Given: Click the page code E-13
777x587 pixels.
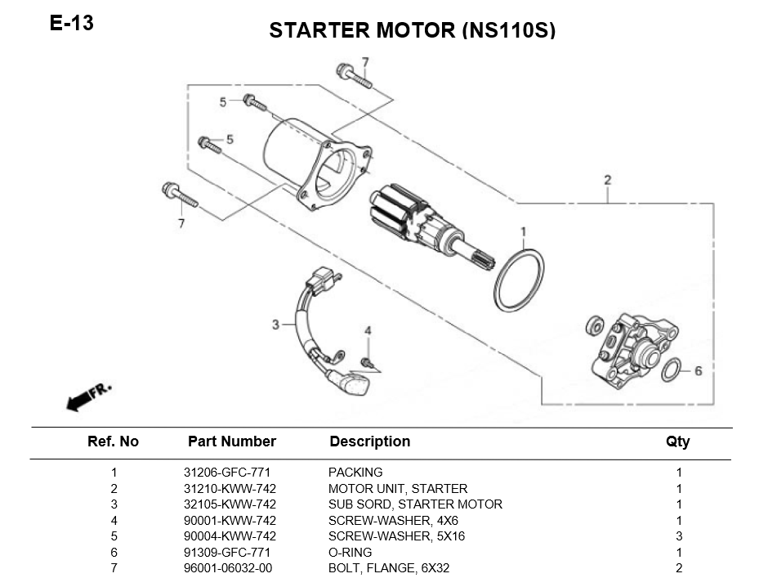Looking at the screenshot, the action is [x=71, y=23].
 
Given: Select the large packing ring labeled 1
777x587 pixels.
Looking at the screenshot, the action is [x=518, y=280].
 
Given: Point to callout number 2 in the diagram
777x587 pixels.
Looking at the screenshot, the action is [x=608, y=180].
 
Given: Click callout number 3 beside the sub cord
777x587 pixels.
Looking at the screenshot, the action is [x=275, y=325].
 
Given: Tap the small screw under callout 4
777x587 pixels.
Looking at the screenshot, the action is [x=367, y=362].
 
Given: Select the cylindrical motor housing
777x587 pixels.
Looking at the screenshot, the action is [x=317, y=164].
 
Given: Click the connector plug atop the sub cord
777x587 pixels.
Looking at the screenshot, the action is [x=322, y=280].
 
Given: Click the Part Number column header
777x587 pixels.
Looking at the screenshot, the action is [x=232, y=441].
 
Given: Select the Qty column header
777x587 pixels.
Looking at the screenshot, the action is [x=677, y=441].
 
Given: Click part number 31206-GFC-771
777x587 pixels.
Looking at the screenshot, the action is [x=227, y=473].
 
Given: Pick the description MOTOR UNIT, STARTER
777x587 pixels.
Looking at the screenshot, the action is [x=398, y=489].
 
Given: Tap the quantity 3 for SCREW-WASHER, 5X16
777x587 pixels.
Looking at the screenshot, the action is [x=679, y=536].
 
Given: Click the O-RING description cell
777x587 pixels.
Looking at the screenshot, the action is [x=350, y=553].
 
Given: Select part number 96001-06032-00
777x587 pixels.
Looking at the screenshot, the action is [x=228, y=568].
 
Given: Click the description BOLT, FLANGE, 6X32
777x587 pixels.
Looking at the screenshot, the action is [x=389, y=568].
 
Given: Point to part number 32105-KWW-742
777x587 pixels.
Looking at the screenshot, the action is [x=230, y=504].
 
